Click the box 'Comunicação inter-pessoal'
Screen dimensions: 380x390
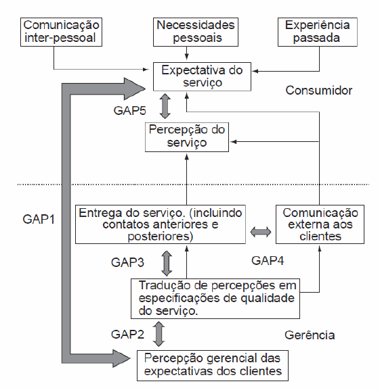61,32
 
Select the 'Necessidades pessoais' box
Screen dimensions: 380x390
196,32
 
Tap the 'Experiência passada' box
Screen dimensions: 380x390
318,32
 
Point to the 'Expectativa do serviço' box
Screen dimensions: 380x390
202,76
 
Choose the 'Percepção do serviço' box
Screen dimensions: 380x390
187,137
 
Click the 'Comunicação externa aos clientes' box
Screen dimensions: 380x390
320,224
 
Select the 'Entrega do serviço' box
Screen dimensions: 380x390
161,224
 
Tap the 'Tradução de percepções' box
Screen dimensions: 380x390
215,299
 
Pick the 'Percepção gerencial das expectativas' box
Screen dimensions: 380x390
213,366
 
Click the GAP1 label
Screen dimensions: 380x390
39,220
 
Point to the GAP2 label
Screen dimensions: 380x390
127,335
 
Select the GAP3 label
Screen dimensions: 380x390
127,262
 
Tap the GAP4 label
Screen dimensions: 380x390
268,261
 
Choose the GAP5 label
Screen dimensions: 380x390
129,111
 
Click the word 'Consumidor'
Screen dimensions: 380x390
319,91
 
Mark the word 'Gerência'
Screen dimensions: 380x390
310,335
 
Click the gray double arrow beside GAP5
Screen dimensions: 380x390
165,106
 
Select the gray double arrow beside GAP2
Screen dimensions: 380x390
159,334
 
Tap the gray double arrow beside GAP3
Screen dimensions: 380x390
167,263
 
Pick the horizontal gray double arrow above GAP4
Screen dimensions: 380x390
261,232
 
